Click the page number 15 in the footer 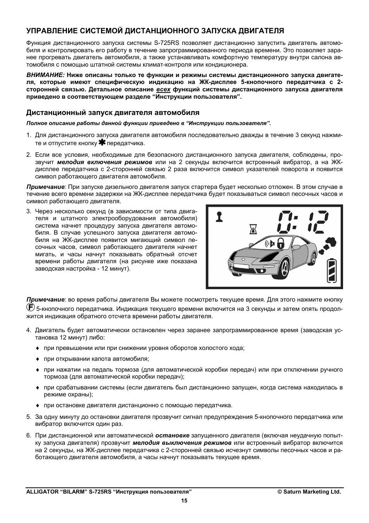[x=184, y=501]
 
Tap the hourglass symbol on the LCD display [x=253, y=230]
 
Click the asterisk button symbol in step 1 [x=102, y=143]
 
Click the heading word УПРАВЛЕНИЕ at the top [x=51, y=31]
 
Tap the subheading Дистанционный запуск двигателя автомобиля [x=113, y=113]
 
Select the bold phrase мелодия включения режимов [x=104, y=162]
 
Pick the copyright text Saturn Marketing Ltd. [x=309, y=492]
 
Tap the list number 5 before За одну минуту [x=29, y=417]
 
